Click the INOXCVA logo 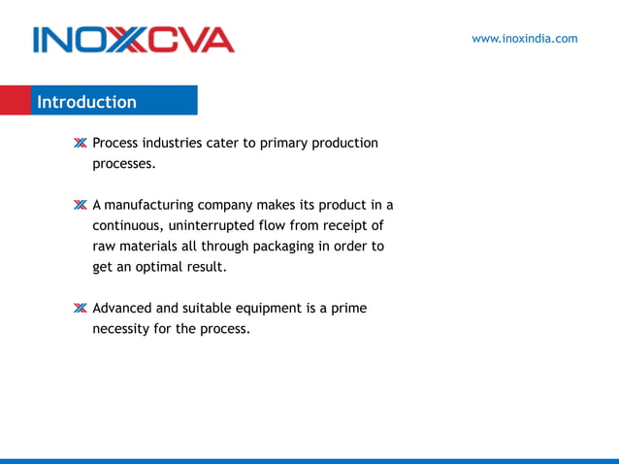133,40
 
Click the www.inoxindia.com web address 524,39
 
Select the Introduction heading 87,102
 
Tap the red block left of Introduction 15,101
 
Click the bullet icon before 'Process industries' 80,144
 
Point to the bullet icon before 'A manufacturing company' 80,206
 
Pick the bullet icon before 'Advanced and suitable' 80,309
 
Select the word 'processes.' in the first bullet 123,164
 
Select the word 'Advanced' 122,309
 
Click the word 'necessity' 123,329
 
